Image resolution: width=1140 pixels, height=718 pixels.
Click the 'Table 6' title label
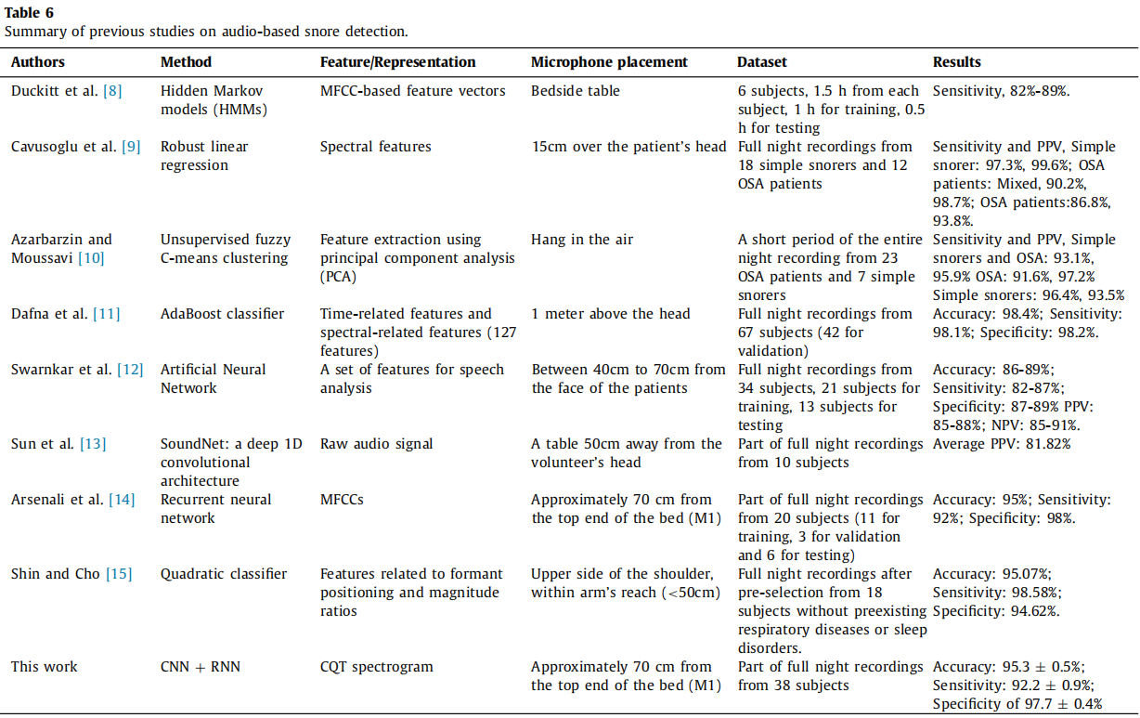29,12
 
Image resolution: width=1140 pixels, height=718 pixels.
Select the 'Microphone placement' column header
609,62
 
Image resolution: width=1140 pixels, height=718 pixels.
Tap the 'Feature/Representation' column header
397,62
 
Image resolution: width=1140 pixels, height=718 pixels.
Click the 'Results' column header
956,62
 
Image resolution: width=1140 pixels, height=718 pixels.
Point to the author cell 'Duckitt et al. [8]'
66,91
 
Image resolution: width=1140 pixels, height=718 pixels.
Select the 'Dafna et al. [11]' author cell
65,314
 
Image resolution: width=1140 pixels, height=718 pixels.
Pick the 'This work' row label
45,667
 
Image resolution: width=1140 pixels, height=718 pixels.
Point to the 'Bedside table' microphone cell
576,91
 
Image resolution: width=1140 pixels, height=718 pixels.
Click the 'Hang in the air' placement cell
582,240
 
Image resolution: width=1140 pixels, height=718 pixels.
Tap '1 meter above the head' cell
611,314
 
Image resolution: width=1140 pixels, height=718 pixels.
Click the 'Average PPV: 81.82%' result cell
1002,444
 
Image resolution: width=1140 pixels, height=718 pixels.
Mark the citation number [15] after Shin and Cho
121,574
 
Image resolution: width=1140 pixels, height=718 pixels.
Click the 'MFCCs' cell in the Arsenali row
342,500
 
